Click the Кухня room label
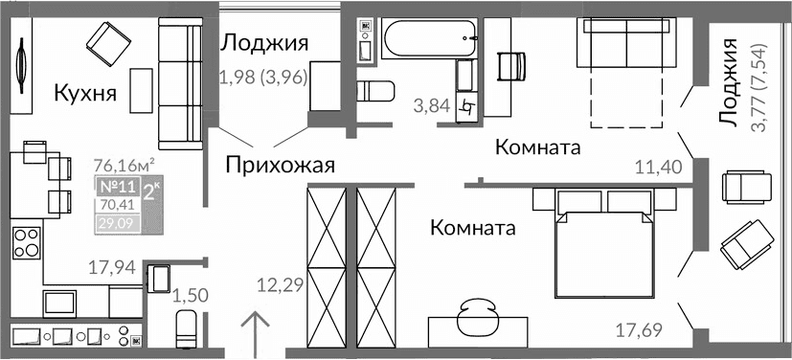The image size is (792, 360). (85, 94)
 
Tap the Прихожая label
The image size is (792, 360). (280, 166)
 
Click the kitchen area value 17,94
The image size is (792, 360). (109, 267)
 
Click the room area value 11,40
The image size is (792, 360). (659, 167)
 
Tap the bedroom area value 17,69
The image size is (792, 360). (638, 332)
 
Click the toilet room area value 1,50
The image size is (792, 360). (190, 294)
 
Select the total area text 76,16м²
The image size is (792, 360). (124, 163)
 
